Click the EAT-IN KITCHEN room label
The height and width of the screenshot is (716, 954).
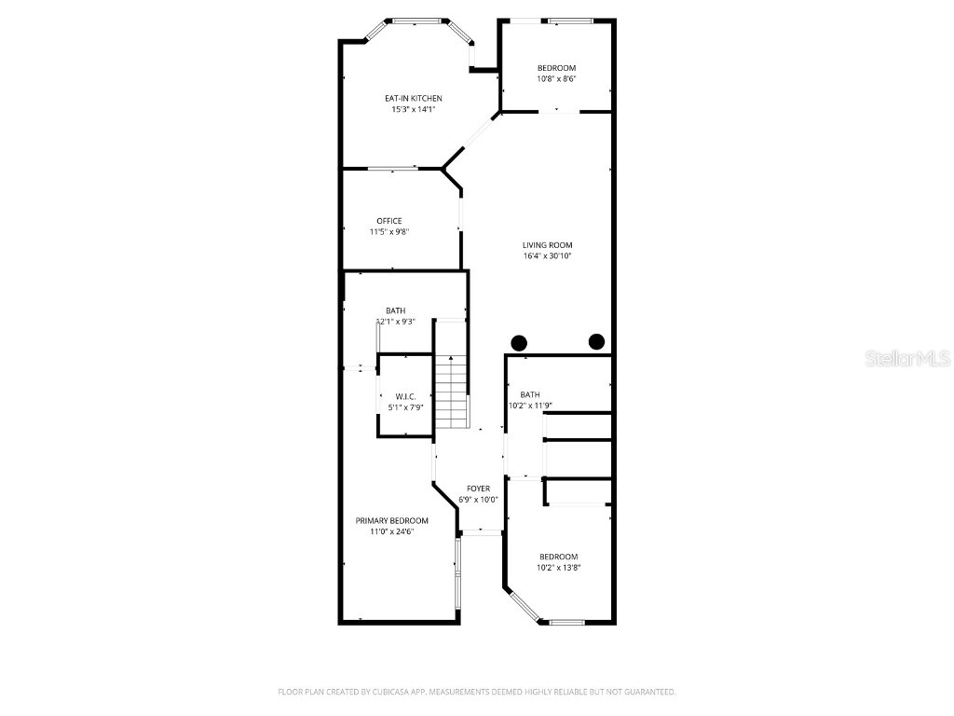[x=414, y=98]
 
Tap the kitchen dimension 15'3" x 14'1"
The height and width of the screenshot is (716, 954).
[x=414, y=109]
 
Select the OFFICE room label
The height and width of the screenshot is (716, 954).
[x=389, y=221]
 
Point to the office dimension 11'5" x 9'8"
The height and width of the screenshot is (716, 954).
[x=389, y=232]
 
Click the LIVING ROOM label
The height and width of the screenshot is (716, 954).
[x=547, y=245]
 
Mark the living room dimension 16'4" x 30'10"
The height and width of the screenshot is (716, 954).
[x=547, y=256]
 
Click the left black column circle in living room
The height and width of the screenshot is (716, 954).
[x=519, y=342]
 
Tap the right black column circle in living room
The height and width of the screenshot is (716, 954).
[x=596, y=341]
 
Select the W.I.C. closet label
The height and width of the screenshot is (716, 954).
[x=405, y=396]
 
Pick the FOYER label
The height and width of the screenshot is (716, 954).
[x=478, y=489]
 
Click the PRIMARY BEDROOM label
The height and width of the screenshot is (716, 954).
[x=391, y=520]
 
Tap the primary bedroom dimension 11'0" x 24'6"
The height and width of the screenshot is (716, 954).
[x=391, y=531]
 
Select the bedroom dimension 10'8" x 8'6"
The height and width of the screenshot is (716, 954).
[x=556, y=79]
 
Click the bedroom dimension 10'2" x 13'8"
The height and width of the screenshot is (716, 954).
[x=559, y=568]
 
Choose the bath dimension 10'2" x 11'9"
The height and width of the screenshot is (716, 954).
[x=531, y=406]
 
